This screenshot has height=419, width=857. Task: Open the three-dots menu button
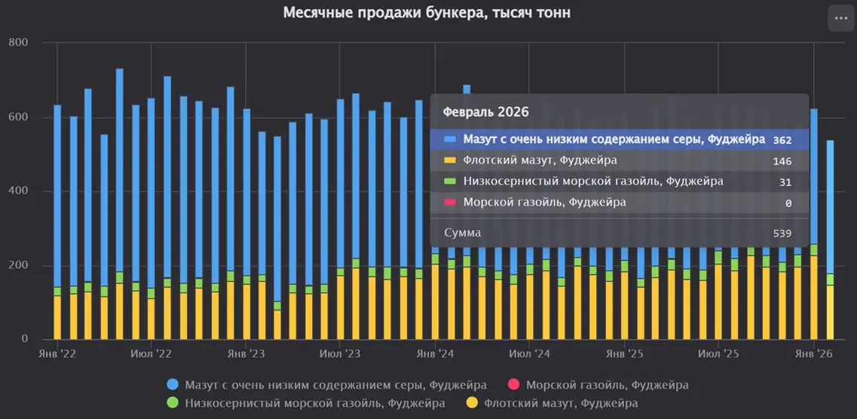coord(840,17)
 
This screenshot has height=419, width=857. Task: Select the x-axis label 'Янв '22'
coord(57,353)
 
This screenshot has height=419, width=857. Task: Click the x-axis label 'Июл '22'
coord(152,353)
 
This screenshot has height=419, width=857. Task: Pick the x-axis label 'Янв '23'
coord(246,353)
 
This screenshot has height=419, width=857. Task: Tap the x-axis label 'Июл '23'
coord(341,353)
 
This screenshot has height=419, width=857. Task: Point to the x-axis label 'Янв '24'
coord(435,353)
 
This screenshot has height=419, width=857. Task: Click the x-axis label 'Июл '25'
coord(718,353)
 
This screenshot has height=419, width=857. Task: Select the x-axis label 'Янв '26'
coord(813,353)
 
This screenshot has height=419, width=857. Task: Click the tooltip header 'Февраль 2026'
coord(485,112)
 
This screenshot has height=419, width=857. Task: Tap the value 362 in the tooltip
coord(782,139)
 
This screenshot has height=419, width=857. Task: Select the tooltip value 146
coord(782,161)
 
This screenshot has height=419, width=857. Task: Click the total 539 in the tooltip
coord(782,233)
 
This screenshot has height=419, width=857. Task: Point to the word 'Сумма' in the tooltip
coord(463,233)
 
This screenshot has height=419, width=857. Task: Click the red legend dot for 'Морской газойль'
coord(513,385)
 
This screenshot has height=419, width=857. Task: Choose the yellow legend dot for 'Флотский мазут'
coord(472,403)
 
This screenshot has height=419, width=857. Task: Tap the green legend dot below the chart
coord(173,403)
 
